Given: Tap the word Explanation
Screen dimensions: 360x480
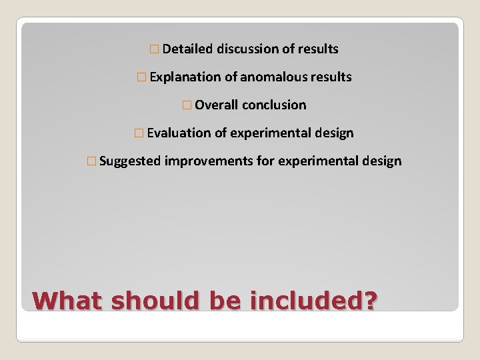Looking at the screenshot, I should point(185,77).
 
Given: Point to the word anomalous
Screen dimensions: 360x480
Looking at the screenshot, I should point(269,77).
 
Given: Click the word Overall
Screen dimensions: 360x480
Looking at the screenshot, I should point(217,105).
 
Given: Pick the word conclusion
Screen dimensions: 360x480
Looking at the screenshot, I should point(275,105).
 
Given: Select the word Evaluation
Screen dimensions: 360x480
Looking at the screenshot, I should point(179,133).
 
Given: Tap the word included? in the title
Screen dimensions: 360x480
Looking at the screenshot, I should point(313,300).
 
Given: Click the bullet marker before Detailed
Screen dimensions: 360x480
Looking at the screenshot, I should point(155,49).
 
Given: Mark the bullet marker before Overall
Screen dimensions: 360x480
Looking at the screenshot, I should point(189,105).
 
